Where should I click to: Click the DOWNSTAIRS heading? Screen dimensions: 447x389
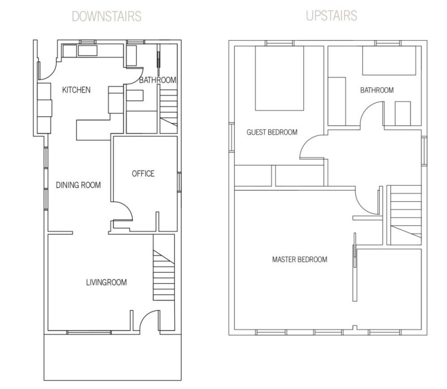(x=107, y=16)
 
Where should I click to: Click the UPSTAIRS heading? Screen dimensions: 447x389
(x=331, y=16)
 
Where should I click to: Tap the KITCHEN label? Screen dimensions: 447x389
(x=77, y=90)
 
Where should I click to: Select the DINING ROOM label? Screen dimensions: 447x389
(x=78, y=185)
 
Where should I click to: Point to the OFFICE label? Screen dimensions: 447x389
(x=143, y=174)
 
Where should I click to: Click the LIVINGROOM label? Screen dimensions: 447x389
(x=107, y=282)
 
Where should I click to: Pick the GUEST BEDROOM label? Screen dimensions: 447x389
(x=272, y=132)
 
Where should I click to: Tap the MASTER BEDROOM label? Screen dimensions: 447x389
(x=299, y=259)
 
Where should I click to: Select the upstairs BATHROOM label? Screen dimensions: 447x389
(x=377, y=90)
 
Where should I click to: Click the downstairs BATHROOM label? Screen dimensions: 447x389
(x=158, y=80)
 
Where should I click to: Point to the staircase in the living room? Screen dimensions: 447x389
(x=164, y=275)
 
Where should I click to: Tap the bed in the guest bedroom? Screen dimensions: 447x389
(x=279, y=78)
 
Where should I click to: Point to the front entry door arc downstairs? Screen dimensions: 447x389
(x=145, y=315)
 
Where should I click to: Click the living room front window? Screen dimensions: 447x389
(x=89, y=332)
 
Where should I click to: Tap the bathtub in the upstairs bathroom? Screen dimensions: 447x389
(x=389, y=60)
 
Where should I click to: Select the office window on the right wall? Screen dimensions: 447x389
(x=179, y=182)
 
